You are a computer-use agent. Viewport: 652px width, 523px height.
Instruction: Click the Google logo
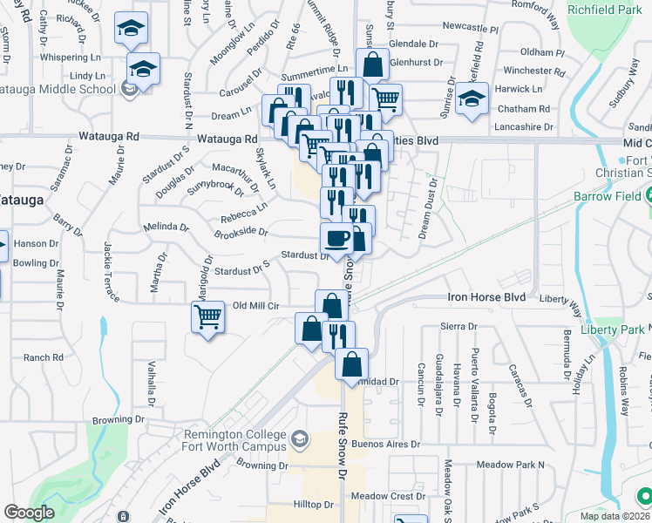point(29,513)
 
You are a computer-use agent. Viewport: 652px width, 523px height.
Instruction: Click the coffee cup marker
point(336,238)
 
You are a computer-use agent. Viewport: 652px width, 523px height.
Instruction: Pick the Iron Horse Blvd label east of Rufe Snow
point(486,297)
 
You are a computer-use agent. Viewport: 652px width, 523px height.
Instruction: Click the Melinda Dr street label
point(166,227)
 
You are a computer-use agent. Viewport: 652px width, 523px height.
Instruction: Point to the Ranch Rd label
point(44,357)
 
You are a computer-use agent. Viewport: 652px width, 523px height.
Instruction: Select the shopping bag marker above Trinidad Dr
point(351,364)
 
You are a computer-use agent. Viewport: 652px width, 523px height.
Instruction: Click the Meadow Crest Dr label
point(387,496)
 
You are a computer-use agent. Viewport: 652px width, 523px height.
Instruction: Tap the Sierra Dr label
point(460,326)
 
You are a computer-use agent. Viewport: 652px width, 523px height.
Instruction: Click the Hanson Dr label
point(36,243)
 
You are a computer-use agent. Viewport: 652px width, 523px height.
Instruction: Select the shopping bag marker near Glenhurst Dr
point(372,65)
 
